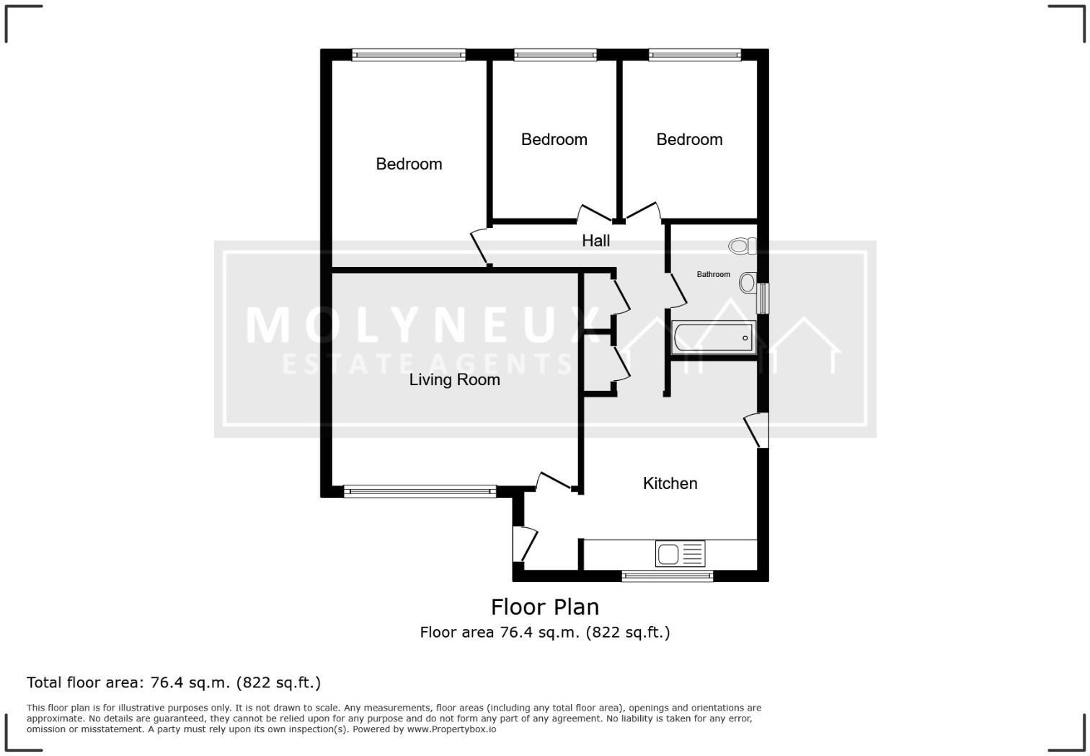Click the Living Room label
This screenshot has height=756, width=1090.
(454, 379)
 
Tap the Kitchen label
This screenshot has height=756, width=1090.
(670, 483)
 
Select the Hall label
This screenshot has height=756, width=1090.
(595, 241)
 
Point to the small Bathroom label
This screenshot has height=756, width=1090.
(713, 275)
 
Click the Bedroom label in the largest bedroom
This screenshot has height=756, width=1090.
(409, 164)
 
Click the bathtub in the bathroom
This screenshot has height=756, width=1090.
(712, 338)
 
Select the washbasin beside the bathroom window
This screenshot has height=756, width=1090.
(748, 282)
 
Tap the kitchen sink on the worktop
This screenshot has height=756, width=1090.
(680, 554)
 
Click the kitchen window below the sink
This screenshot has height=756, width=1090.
(667, 576)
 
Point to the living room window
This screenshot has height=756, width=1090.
(420, 492)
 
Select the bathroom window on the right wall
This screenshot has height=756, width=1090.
(762, 298)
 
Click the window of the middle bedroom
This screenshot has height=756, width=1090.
(555, 55)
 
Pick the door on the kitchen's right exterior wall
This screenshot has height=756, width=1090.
(756, 431)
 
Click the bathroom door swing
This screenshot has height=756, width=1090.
(677, 289)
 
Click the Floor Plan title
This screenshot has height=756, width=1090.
(544, 607)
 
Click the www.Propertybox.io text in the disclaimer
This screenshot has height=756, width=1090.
(451, 729)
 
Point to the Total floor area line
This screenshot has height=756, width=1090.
(174, 682)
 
